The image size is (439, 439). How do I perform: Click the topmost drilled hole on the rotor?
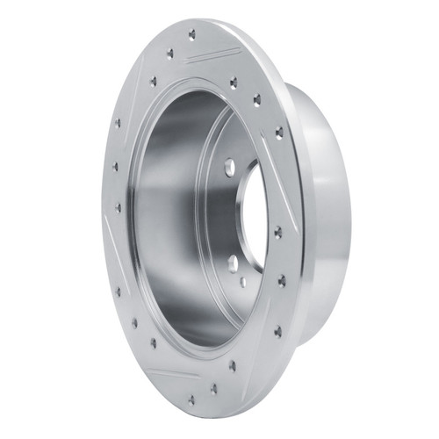[x=192, y=35]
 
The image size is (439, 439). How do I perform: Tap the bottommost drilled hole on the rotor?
[x=191, y=400]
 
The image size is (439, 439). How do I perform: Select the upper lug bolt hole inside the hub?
[x=228, y=165]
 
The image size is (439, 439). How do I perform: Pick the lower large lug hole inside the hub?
[x=232, y=263]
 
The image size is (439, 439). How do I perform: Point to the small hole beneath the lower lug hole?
[x=242, y=283]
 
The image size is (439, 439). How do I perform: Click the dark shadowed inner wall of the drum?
[x=167, y=219]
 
